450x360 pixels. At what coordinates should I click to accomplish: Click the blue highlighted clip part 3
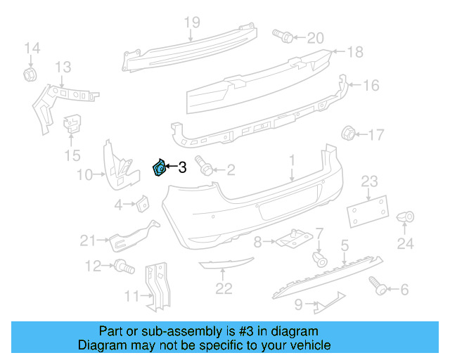[160, 169]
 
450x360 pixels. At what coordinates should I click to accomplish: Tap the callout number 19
[192, 22]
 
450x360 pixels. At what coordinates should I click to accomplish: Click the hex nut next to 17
[347, 133]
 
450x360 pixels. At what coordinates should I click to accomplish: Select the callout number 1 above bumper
[292, 162]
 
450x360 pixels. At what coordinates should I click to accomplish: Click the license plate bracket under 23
[366, 210]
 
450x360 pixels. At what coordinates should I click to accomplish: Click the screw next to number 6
[377, 284]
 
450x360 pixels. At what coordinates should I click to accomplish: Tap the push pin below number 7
[320, 259]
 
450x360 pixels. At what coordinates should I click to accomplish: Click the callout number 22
[224, 288]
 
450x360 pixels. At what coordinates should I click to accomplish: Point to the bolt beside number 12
[123, 266]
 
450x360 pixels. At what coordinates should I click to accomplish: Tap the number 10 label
[85, 174]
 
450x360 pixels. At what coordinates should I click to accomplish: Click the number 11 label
[131, 296]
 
